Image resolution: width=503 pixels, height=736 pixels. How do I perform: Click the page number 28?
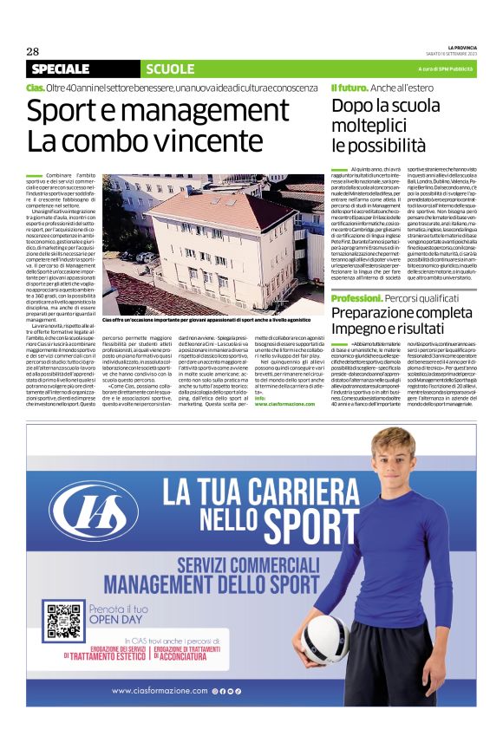[x=33, y=51]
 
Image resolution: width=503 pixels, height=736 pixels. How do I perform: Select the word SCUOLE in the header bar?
[x=171, y=69]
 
